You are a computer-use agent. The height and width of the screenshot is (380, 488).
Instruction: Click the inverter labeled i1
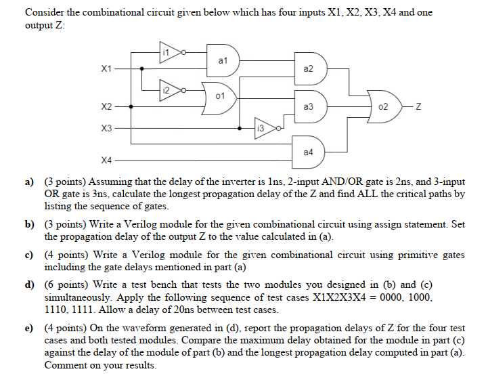(x=169, y=51)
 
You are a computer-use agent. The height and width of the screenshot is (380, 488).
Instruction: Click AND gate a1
(x=223, y=60)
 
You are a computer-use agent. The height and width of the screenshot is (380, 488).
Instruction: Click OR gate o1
(x=218, y=99)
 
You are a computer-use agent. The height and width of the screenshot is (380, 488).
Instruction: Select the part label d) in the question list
(x=30, y=284)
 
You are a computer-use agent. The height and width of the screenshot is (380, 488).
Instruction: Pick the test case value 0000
(x=384, y=297)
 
